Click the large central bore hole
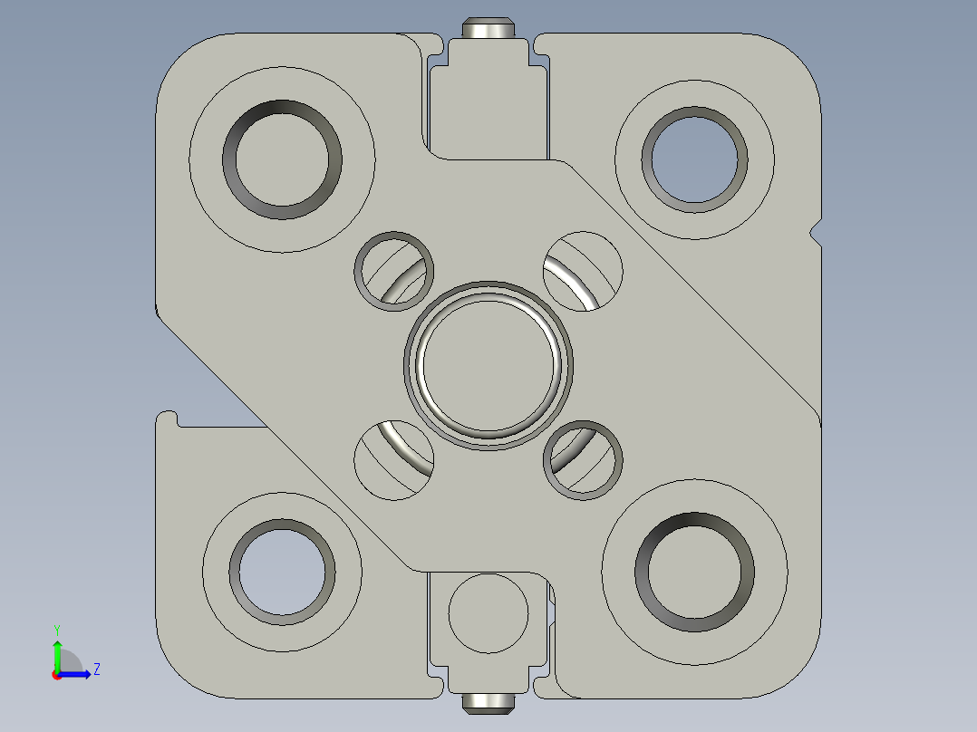pyautogui.click(x=488, y=365)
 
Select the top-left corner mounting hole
pyautogui.click(x=283, y=159)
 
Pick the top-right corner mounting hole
pyautogui.click(x=694, y=159)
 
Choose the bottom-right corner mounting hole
pyautogui.click(x=694, y=573)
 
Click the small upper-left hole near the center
pyautogui.click(x=393, y=270)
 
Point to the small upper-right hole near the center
pyautogui.click(x=583, y=270)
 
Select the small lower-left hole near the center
pyautogui.click(x=393, y=460)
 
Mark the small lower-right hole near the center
pyautogui.click(x=583, y=460)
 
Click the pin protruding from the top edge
pyautogui.click(x=488, y=29)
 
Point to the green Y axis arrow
pyautogui.click(x=56, y=654)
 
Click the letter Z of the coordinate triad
pyautogui.click(x=96, y=669)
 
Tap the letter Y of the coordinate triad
pyautogui.click(x=56, y=629)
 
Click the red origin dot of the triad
pyautogui.click(x=56, y=675)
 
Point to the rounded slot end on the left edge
pyautogui.click(x=166, y=419)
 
